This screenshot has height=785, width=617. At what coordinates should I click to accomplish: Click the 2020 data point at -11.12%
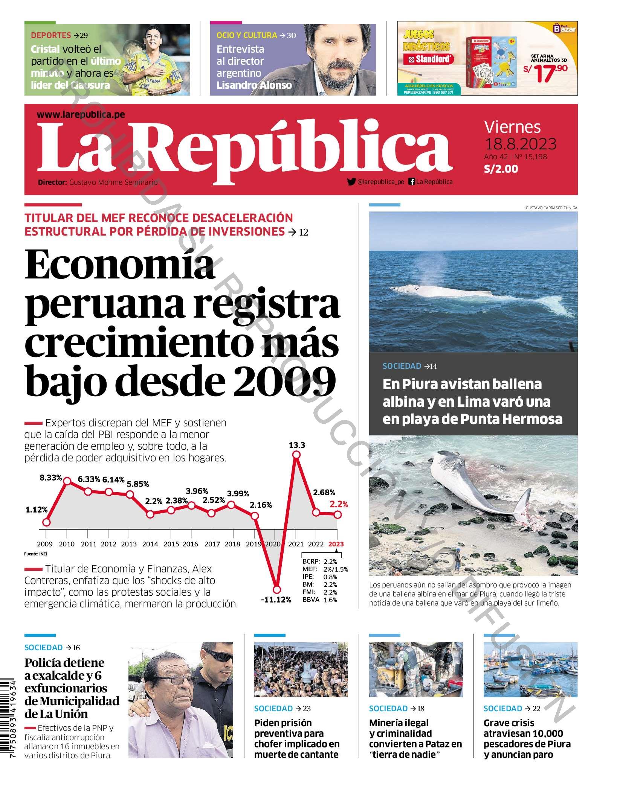277,589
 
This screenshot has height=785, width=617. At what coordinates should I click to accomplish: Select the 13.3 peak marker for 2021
296,455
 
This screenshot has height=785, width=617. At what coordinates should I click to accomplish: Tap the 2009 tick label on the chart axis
45,544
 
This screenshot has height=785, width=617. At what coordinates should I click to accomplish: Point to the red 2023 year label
336,544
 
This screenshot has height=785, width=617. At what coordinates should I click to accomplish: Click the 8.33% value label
50,478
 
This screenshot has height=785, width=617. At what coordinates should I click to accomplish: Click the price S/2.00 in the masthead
501,169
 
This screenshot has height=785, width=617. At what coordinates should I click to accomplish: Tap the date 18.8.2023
520,144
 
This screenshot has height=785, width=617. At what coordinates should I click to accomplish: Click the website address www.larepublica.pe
81,114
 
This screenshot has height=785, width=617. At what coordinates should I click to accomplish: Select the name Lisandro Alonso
254,85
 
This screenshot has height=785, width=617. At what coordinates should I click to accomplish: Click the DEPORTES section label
51,35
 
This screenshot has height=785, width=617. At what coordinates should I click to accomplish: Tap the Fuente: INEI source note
35,554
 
